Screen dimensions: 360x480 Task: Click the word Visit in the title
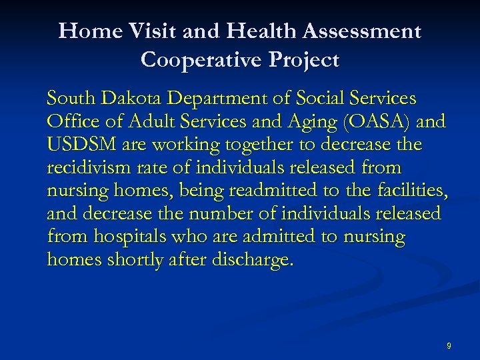pos(149,31)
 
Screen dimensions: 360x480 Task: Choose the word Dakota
pos(130,99)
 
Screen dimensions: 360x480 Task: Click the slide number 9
pos(449,345)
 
